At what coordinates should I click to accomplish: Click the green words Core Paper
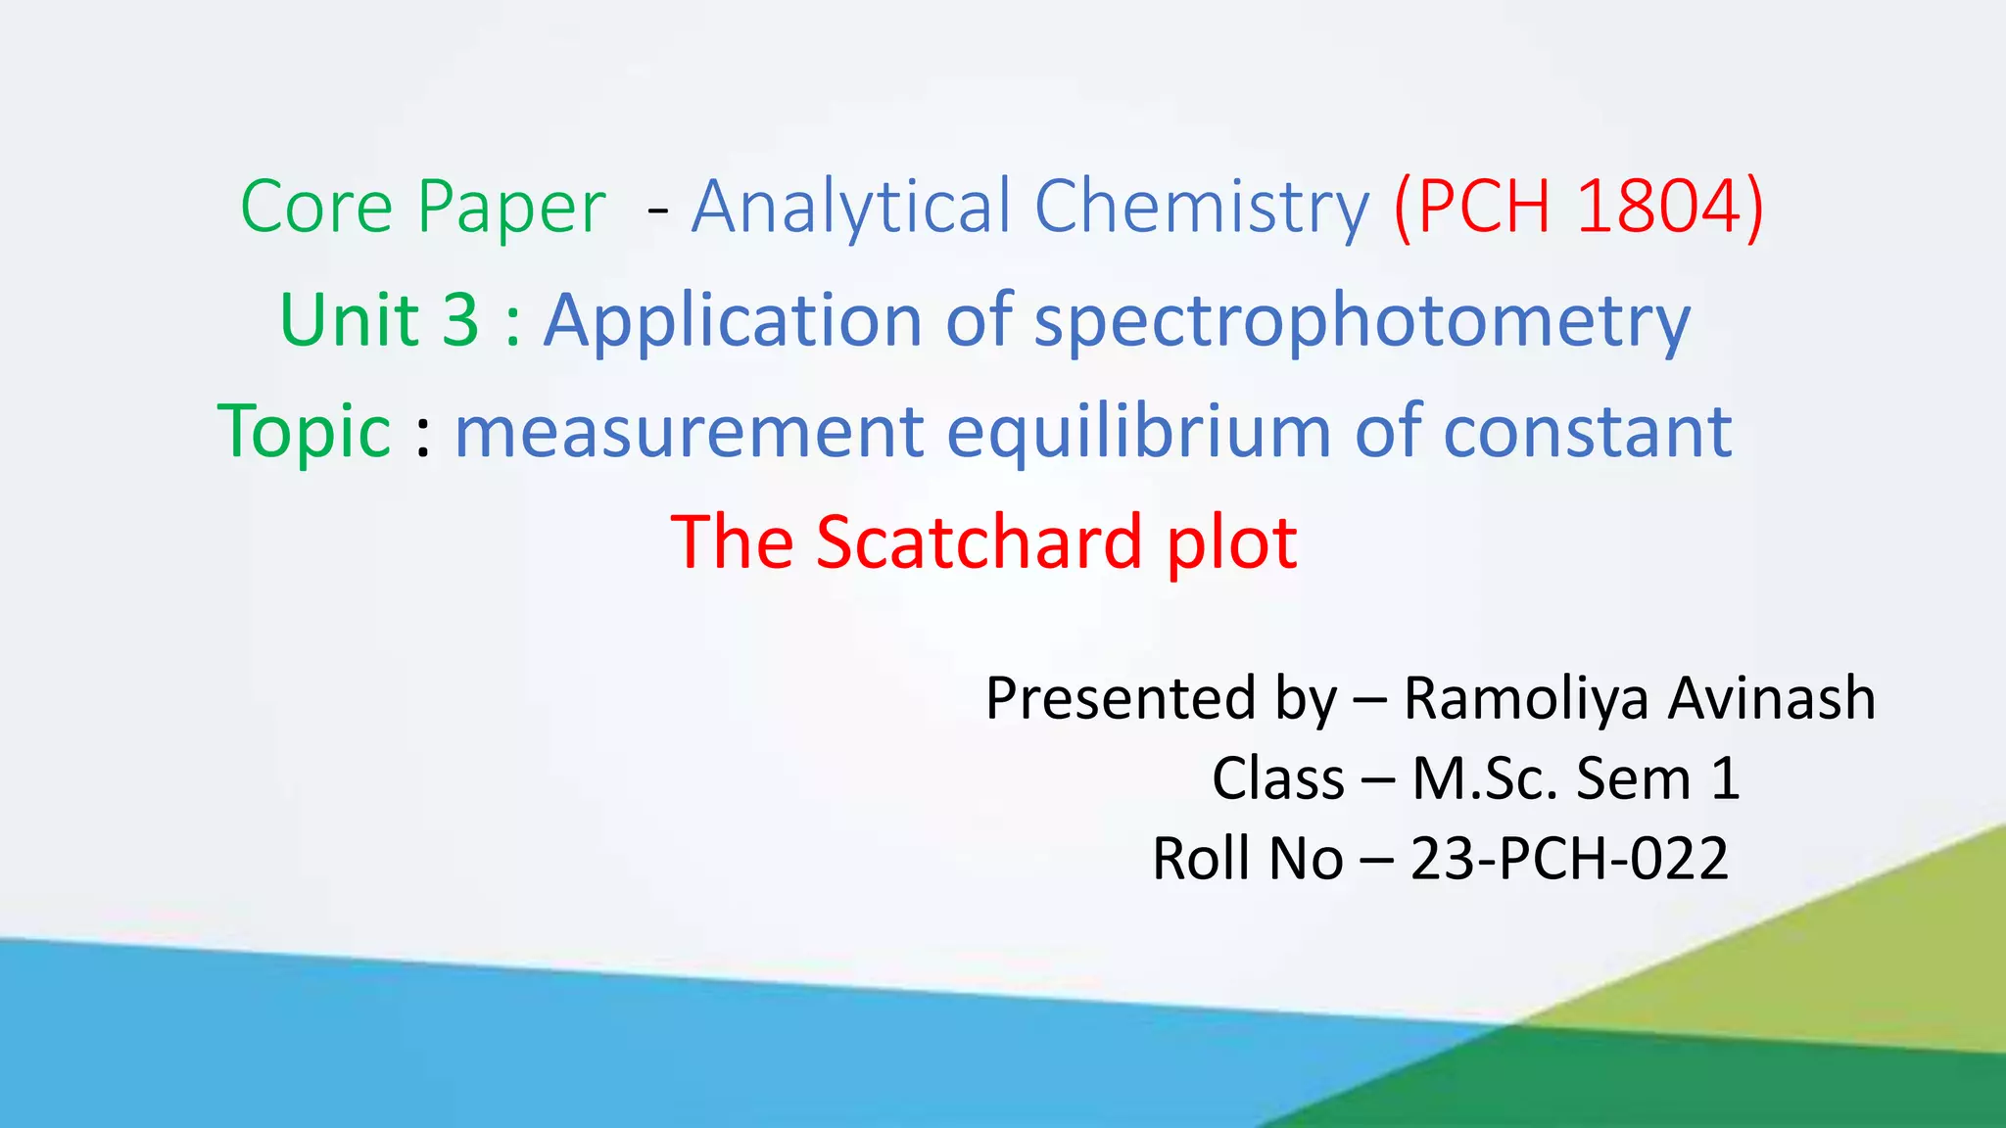coord(422,208)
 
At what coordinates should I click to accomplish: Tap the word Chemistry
coord(1201,208)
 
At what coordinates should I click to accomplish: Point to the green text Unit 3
coord(379,320)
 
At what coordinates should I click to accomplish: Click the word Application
coord(733,320)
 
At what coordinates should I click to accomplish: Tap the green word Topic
coord(305,432)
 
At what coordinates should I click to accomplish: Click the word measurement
coord(690,432)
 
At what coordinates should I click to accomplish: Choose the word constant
coord(1587,432)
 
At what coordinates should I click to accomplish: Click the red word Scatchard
coord(979,542)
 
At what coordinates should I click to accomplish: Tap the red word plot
coord(1231,544)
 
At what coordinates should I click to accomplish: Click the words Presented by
coord(1161,699)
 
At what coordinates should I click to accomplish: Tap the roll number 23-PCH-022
coord(1568,860)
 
